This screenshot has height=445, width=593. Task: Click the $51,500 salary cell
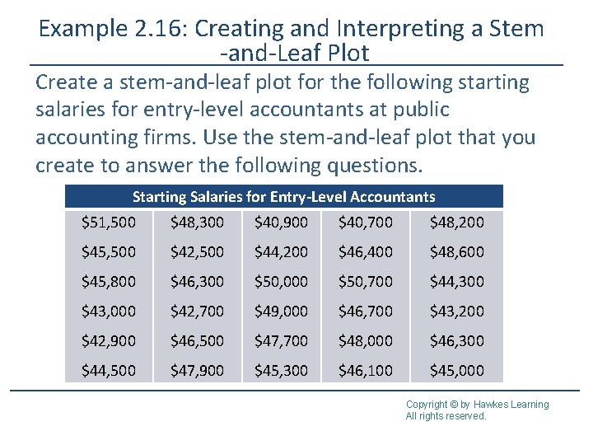[109, 222]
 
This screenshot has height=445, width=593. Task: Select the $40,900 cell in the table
[282, 222]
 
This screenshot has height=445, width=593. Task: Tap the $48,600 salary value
[457, 252]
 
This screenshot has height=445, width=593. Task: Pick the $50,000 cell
[282, 282]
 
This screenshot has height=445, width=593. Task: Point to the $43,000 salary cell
[109, 311]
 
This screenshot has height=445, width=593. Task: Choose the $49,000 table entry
[282, 311]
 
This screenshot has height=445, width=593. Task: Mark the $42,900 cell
[109, 341]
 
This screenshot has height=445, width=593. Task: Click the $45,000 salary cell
[457, 371]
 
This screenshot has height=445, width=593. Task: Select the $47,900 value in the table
[197, 371]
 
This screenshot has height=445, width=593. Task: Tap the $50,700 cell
[366, 282]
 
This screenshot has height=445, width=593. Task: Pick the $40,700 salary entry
[366, 222]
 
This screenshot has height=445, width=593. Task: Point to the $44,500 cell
[109, 371]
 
